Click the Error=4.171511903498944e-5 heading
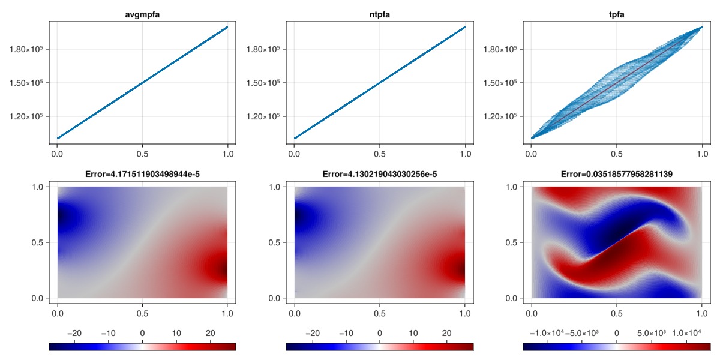click(142, 175)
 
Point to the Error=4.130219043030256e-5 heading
click(379, 175)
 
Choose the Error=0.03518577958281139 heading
click(616, 175)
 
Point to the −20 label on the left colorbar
click(76, 332)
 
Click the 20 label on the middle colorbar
click(446, 332)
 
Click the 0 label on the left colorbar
click(142, 332)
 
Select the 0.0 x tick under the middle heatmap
click(295, 313)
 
